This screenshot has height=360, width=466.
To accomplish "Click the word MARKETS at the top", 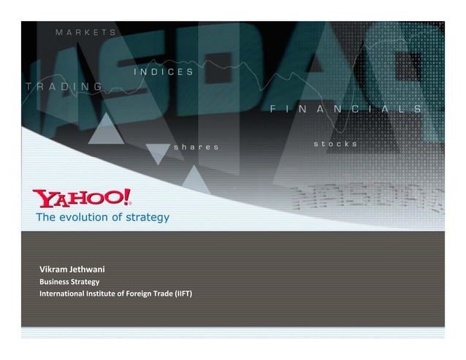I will coord(86,32).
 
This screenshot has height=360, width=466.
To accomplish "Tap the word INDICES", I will coord(164,72).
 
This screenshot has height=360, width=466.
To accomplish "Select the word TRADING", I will coord(64,86).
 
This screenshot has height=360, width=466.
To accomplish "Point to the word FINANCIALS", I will coord(345,109).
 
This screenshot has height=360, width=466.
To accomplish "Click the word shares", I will coord(195,147).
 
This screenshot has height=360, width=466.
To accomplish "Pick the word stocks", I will coord(335,144).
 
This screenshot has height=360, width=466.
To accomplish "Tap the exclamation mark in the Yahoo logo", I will coord(127,197).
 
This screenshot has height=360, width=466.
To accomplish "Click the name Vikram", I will coord(56,269).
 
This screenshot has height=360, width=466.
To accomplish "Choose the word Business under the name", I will coord(53,281).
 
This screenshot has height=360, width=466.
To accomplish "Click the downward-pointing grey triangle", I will coord(157,153).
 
